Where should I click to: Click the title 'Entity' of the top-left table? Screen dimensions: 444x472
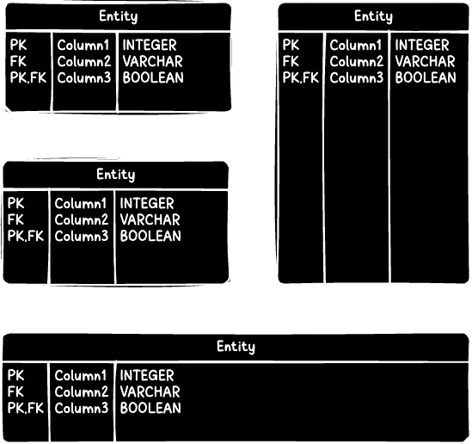[x=118, y=16]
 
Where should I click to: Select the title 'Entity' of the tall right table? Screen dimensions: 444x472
[x=373, y=16]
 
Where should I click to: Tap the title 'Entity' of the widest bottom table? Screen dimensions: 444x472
[x=236, y=347]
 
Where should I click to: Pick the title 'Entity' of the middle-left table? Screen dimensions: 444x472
[x=115, y=175]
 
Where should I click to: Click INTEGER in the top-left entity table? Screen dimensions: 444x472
[x=150, y=45]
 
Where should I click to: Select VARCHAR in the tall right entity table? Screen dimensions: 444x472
[x=425, y=61]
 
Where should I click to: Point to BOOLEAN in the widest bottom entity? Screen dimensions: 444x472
[x=150, y=408]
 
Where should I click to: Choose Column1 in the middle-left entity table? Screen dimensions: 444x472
[x=82, y=204]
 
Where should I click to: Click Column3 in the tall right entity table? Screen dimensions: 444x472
[x=356, y=77]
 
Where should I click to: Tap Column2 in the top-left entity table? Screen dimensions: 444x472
[x=84, y=61]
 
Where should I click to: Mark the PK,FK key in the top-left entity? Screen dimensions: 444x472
[x=28, y=77]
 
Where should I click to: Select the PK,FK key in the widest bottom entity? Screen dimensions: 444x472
[x=25, y=408]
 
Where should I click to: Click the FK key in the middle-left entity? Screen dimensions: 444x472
[x=15, y=219]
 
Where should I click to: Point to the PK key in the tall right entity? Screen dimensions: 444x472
[x=291, y=45]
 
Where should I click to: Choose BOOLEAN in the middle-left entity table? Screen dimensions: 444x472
[x=150, y=236]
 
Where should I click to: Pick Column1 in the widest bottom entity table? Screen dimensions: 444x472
[x=82, y=376]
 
